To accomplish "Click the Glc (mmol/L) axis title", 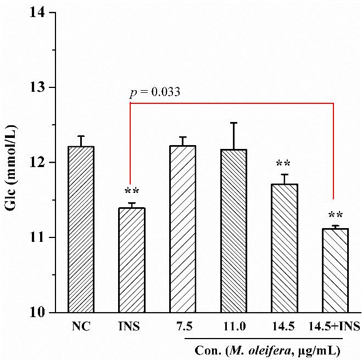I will [x=12, y=163].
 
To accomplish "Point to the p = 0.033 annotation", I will [x=154, y=93].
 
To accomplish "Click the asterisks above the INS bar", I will [x=132, y=192].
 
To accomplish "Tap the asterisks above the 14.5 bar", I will [x=283, y=164].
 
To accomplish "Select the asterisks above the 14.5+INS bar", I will [x=335, y=215].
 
